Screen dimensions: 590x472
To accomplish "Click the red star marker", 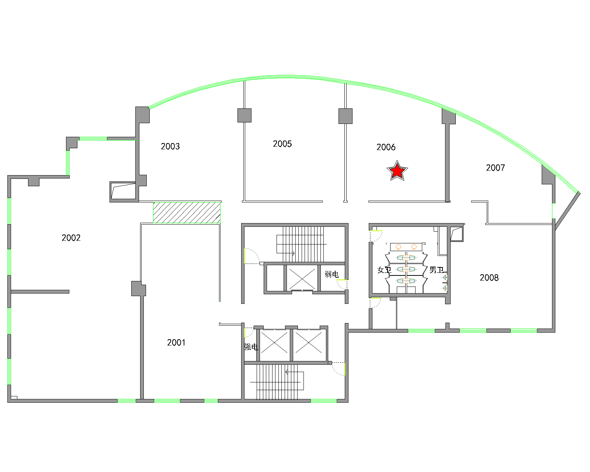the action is tap(397, 171).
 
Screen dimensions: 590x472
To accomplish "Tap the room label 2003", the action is tap(170, 146).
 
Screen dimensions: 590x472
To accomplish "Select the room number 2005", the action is tap(282, 144).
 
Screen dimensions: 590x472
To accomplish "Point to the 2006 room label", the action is tap(386, 147).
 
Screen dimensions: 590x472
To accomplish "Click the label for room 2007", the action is tap(495, 168).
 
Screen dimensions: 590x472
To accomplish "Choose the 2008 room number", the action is tap(489, 278).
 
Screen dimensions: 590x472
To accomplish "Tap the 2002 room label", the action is tap(71, 238).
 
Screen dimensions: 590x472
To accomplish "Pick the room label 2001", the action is tap(176, 343).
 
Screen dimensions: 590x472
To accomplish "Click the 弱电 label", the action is tap(332, 274).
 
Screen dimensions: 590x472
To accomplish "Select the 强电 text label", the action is tap(251, 347).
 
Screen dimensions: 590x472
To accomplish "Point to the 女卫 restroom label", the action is tap(384, 270).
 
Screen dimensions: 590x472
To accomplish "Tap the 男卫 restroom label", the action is tap(436, 270).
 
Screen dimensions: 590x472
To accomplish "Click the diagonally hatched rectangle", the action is tap(187, 212).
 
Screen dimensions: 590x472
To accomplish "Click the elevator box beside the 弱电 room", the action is tap(302, 278).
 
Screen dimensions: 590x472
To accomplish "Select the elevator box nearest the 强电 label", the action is tap(274, 345).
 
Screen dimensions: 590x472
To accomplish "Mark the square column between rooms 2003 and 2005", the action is tap(244, 115).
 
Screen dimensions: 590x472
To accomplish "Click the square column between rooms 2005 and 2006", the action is tap(346, 116).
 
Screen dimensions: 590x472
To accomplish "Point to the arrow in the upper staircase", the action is tap(285, 253).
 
